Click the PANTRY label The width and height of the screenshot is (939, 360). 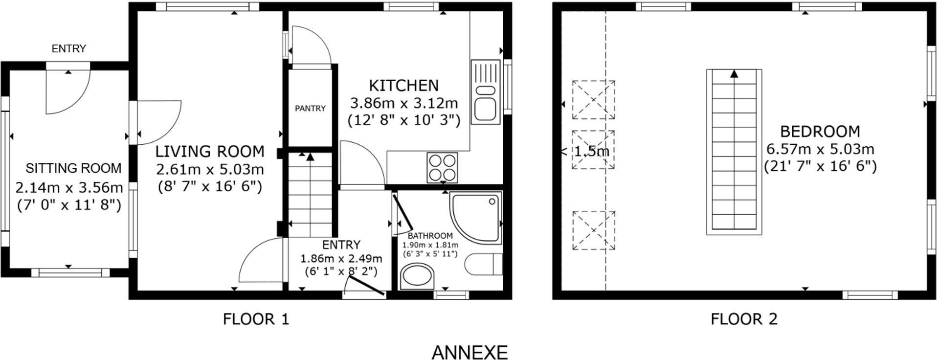click(x=310, y=108)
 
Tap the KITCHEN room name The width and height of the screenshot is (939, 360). click(x=403, y=86)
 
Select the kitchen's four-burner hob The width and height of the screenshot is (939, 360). click(x=442, y=167)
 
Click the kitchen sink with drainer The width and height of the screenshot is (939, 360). click(x=485, y=91)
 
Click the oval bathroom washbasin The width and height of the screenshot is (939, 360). click(x=417, y=277)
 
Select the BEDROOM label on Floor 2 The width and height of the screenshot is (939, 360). click(x=820, y=132)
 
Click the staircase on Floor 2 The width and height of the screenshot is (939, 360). click(x=734, y=152)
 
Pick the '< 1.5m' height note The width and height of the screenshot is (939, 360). click(x=585, y=151)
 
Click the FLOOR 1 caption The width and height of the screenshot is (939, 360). click(x=256, y=319)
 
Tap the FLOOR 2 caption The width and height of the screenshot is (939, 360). click(x=744, y=319)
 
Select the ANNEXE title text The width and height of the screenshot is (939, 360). click(x=469, y=352)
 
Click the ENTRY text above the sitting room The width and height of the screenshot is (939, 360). click(x=69, y=48)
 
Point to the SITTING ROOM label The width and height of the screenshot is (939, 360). click(x=73, y=168)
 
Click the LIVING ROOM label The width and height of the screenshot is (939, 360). click(x=210, y=152)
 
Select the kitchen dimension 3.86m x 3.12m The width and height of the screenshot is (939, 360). click(x=404, y=103)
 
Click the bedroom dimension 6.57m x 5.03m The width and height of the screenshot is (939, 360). click(x=820, y=149)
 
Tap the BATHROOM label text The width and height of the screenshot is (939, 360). click(x=430, y=236)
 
